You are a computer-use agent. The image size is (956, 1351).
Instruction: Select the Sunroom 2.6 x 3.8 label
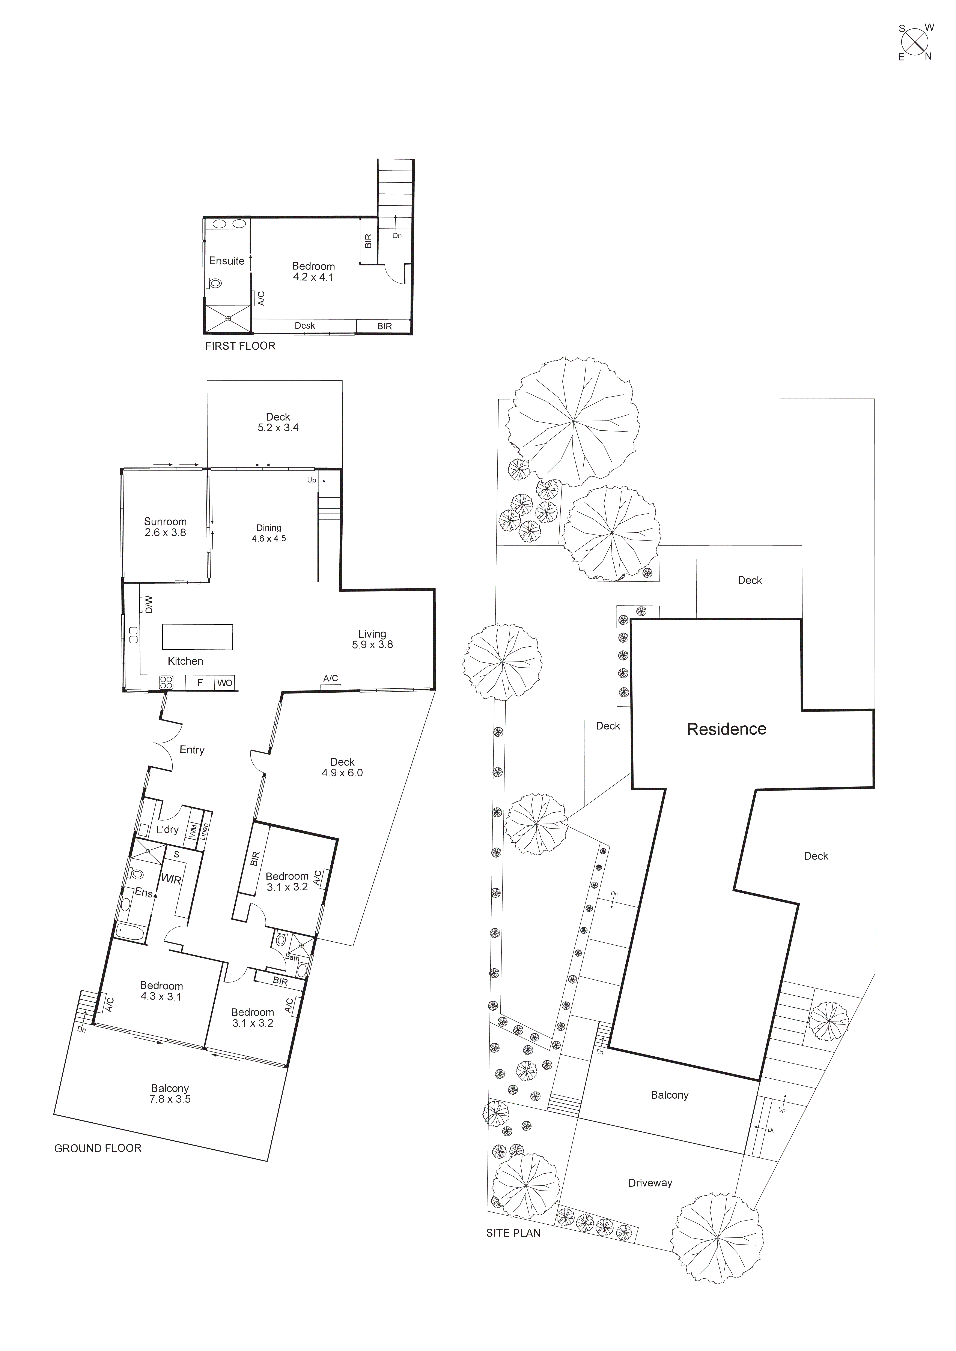pos(166,527)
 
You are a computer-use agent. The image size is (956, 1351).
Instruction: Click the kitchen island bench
pos(197,637)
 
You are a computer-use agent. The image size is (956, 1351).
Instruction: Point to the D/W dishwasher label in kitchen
pos(149,604)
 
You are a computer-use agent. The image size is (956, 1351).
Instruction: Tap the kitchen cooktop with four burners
pos(166,683)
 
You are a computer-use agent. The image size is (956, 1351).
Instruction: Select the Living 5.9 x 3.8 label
pos(372,639)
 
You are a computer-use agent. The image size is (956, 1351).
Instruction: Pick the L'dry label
pos(167,830)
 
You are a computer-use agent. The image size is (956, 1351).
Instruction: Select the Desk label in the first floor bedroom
pos(305,325)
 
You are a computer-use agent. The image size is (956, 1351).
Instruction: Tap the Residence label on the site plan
pos(726,729)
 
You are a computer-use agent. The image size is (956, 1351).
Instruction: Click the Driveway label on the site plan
pos(650,1183)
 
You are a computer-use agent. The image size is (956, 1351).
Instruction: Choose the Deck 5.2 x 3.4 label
pos(278,422)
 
